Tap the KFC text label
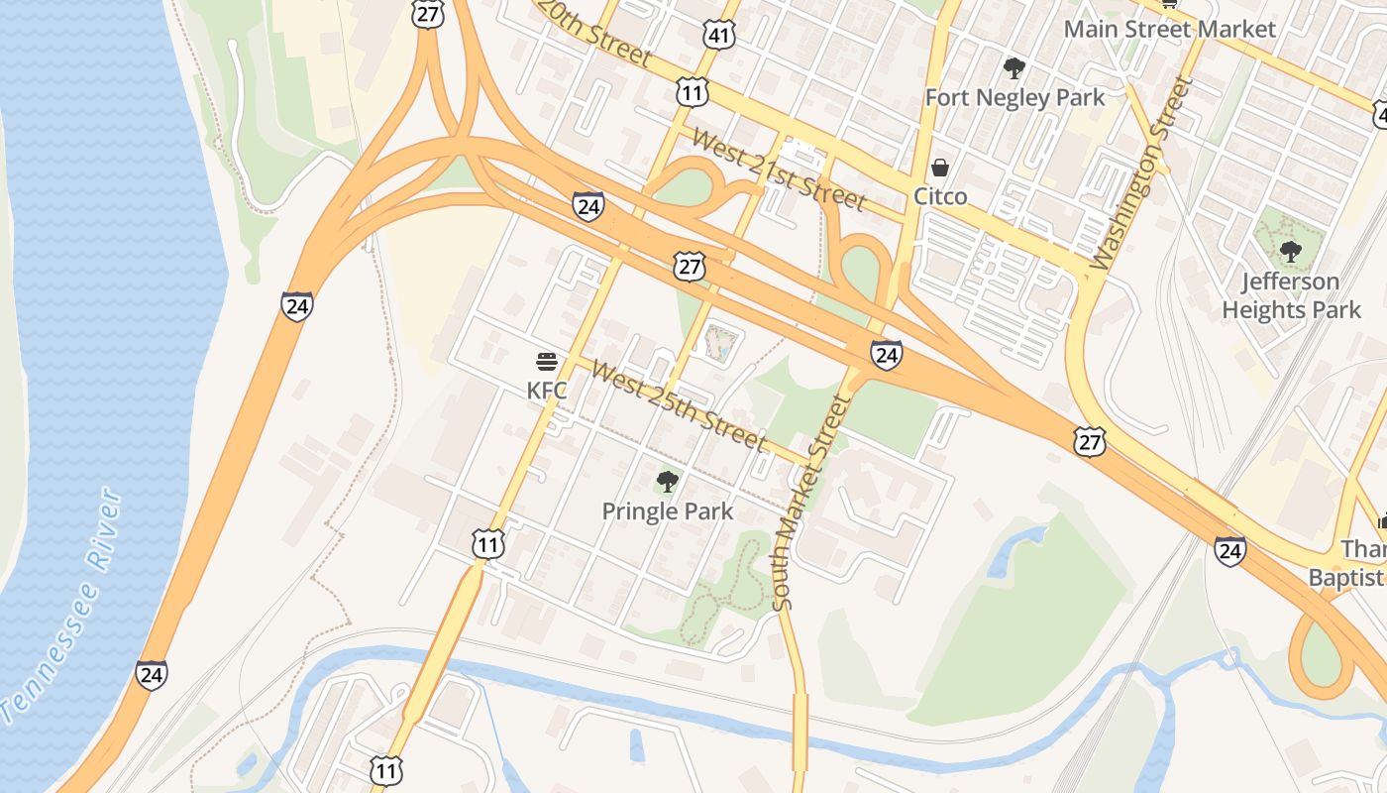click(547, 391)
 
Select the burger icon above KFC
click(547, 361)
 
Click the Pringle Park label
click(668, 511)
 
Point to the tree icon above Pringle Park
click(668, 482)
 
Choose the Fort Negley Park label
click(1014, 97)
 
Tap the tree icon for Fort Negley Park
click(1014, 67)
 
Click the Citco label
click(940, 196)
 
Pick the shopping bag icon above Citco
click(939, 167)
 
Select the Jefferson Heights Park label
click(1292, 295)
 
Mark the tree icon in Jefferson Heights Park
click(1290, 251)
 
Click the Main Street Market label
click(1169, 29)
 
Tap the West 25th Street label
click(680, 404)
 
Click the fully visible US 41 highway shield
click(720, 36)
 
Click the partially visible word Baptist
click(1347, 577)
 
